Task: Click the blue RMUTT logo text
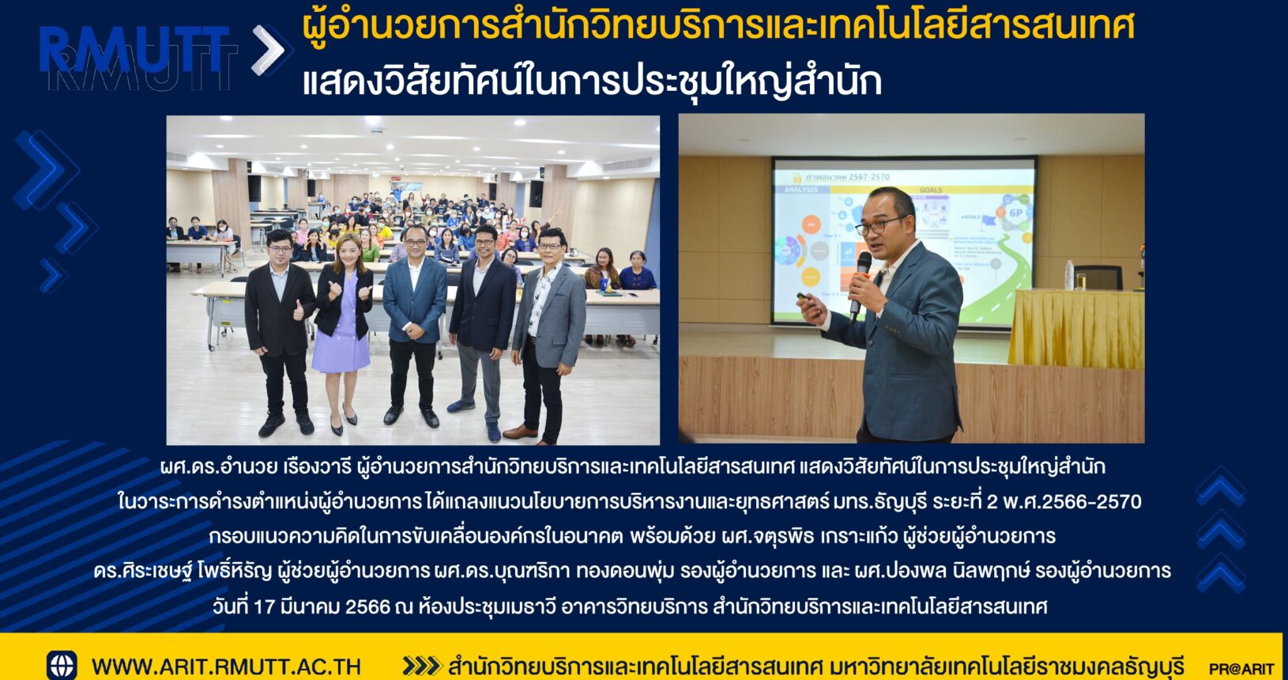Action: [x=135, y=50]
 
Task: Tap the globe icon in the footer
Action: [x=62, y=665]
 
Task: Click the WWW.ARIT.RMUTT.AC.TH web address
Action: [x=226, y=667]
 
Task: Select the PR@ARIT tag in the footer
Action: [x=1241, y=669]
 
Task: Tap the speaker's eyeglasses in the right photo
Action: [x=879, y=225]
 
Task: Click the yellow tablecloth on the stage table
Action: [x=1076, y=328]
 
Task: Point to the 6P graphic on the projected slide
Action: [x=1016, y=213]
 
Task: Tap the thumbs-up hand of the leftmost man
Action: [x=299, y=310]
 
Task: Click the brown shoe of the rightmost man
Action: [x=521, y=432]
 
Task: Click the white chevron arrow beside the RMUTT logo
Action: [x=268, y=50]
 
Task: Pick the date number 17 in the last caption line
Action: [x=264, y=606]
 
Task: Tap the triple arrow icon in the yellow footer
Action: [x=421, y=667]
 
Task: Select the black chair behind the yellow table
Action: [x=1098, y=278]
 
